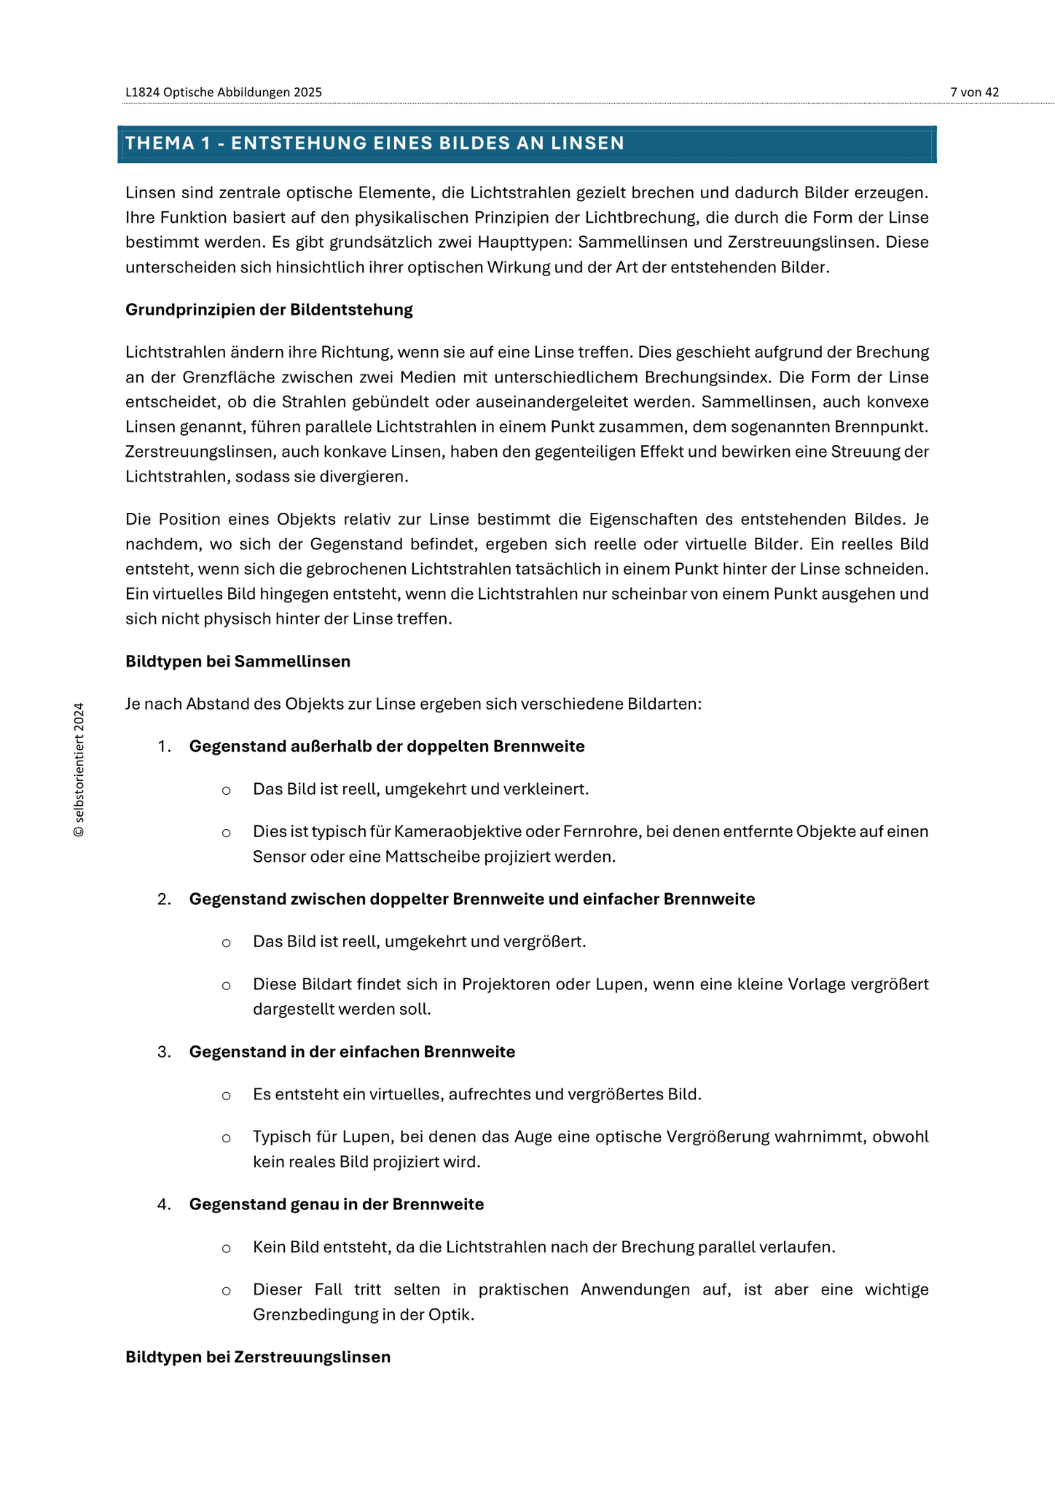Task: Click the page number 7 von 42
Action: click(974, 92)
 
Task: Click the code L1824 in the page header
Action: click(142, 92)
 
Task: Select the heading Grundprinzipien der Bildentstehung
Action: click(269, 310)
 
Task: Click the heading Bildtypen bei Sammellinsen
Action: click(238, 661)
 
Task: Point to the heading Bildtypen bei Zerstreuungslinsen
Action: click(258, 1357)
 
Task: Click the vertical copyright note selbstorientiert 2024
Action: click(79, 769)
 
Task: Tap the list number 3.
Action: click(163, 1052)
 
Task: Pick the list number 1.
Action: click(163, 747)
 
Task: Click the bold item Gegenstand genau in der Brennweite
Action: click(336, 1204)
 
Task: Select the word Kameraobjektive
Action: click(453, 832)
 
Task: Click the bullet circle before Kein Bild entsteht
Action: click(227, 1248)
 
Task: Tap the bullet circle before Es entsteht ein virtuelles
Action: click(227, 1095)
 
